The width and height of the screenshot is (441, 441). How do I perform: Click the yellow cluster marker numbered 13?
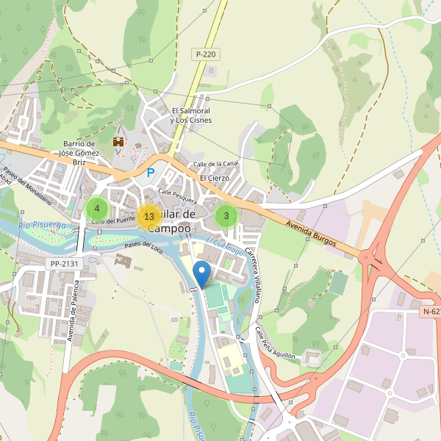pos(149,216)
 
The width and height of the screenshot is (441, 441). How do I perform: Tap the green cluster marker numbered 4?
pos(97,208)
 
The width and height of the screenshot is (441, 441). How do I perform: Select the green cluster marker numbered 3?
pos(226,216)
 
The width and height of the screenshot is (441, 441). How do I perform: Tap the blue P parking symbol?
pos(151,173)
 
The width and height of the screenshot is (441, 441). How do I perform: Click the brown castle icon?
pos(117,141)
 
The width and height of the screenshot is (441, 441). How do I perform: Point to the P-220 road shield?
pos(206,54)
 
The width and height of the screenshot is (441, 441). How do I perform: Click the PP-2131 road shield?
pos(64,263)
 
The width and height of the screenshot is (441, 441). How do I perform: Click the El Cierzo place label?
pos(215,178)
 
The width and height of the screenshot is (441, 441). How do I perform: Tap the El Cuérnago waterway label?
pos(224,246)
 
